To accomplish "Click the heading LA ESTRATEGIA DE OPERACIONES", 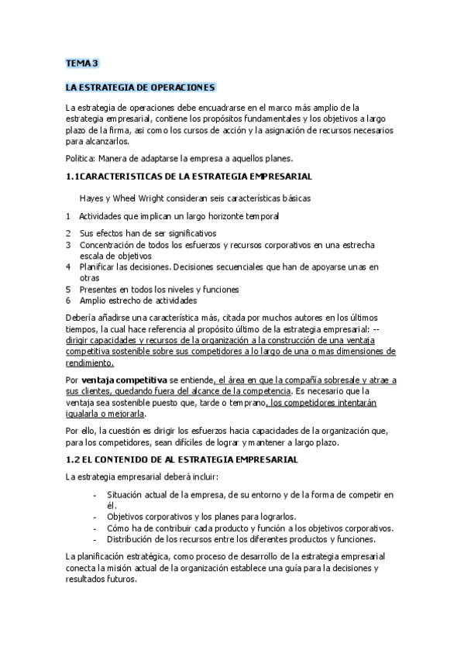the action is point(140,88).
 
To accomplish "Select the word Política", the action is point(82,157).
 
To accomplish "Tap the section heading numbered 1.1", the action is point(189,177).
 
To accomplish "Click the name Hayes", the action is point(91,198).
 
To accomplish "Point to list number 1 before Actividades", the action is point(69,215).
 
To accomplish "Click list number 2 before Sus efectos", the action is point(69,233).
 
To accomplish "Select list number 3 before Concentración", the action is point(69,245).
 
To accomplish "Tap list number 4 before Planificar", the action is point(69,267).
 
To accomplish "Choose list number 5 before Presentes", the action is point(69,289).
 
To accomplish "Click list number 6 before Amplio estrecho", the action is point(69,301).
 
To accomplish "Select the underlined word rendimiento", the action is point(89,363).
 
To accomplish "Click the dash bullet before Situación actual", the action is point(95,494).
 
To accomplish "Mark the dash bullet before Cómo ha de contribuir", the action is point(95,528).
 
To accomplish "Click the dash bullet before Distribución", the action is point(95,539).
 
